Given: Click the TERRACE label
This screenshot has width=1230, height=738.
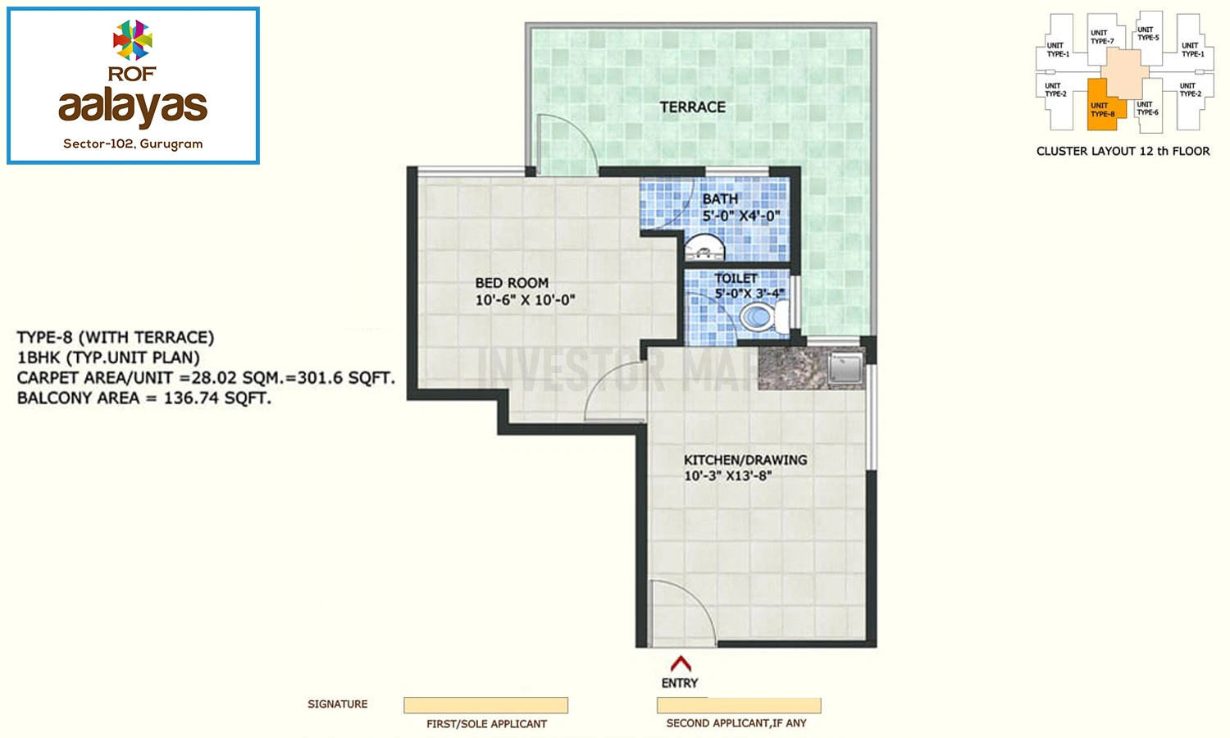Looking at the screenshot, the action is [x=692, y=107].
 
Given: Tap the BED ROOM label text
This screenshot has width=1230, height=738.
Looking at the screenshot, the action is [x=512, y=283].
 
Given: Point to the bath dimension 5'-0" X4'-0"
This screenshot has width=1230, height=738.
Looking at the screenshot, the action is [x=741, y=216].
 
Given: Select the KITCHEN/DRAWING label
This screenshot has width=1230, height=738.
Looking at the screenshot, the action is [x=745, y=459].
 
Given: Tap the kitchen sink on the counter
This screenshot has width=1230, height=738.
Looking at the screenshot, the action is [x=846, y=367].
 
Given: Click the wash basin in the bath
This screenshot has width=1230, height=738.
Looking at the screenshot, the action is [x=704, y=248].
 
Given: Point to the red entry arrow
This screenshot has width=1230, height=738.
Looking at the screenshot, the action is [x=681, y=663].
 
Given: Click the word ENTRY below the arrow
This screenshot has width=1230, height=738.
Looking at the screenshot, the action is [x=680, y=683].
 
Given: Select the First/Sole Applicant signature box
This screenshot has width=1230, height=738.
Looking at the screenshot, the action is [x=486, y=705].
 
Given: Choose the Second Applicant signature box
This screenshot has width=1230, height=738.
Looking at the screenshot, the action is [x=739, y=705].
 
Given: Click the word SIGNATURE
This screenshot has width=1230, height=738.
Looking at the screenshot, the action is [x=338, y=704].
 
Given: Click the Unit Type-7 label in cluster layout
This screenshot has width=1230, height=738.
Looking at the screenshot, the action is [x=1102, y=37].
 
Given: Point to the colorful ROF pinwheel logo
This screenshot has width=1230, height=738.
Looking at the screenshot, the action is [x=132, y=40].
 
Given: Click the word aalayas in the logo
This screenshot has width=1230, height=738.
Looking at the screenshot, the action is [x=133, y=107].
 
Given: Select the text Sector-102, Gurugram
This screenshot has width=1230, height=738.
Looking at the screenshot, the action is [x=133, y=143].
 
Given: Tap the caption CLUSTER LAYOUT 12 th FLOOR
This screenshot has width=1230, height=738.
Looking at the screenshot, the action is [x=1123, y=151].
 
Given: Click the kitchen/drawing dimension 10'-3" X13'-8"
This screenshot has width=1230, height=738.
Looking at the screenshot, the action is [x=727, y=476].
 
